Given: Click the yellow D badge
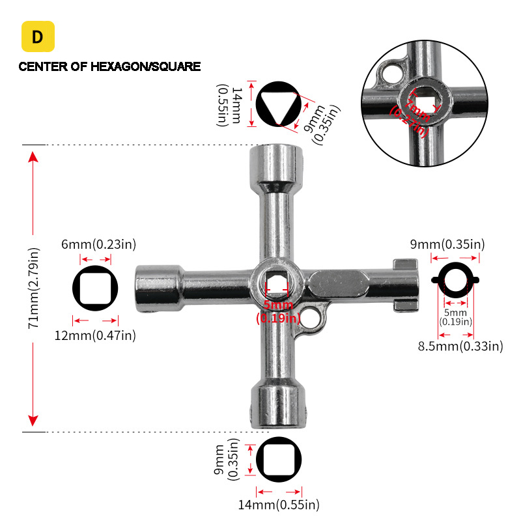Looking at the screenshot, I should [38, 36].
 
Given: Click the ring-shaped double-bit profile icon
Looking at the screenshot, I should [456, 280].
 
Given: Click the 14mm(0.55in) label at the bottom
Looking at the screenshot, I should [279, 504].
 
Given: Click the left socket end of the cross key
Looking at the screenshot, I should [156, 287].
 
